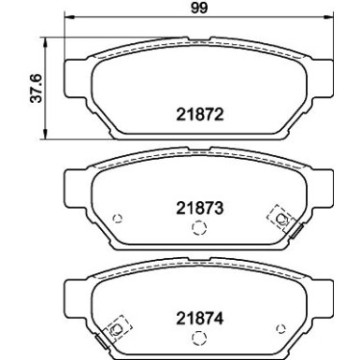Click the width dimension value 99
(196, 10)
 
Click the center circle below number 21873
(197, 229)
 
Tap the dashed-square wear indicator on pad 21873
(278, 217)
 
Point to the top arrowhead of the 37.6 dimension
(47, 45)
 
